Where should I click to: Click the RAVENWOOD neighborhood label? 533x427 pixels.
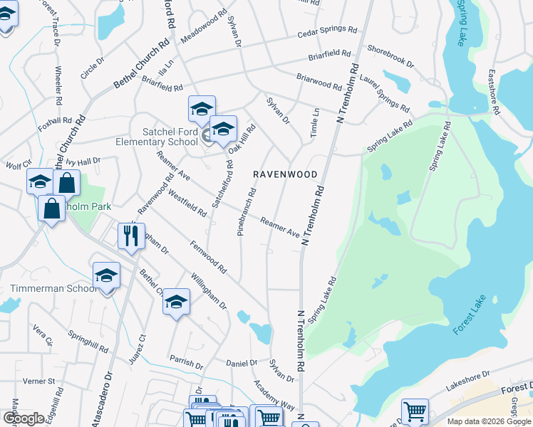pyautogui.click(x=286, y=174)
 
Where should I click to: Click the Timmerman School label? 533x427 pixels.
pyautogui.click(x=53, y=288)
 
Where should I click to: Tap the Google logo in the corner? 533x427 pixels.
pyautogui.click(x=24, y=418)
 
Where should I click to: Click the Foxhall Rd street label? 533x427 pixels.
pyautogui.click(x=56, y=124)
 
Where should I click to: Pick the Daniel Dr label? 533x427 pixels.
pyautogui.click(x=241, y=363)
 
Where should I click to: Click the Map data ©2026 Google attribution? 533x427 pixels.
pyautogui.click(x=490, y=421)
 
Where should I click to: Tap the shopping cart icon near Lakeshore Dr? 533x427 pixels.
pyautogui.click(x=414, y=411)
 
